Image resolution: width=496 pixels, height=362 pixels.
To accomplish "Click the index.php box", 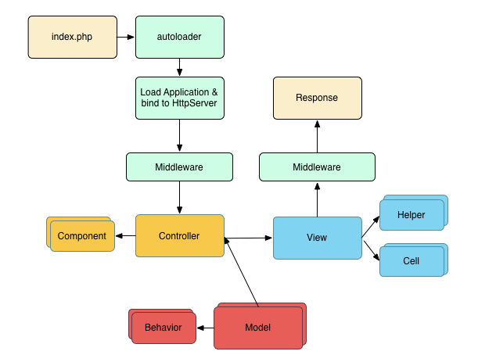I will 72,38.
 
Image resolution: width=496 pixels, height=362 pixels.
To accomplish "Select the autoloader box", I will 180,38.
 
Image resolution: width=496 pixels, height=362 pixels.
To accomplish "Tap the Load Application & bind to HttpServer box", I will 180,98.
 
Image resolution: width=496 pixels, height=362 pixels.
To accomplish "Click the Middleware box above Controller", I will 180,167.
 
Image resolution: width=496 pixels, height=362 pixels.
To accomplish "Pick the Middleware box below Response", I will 317,167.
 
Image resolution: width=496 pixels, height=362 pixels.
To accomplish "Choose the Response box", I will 317,98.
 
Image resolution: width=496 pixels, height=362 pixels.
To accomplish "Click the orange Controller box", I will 180,236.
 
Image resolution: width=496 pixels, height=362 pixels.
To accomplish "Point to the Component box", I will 82,236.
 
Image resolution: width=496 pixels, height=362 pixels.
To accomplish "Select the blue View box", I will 317,238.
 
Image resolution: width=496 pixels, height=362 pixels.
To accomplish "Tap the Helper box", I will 411,215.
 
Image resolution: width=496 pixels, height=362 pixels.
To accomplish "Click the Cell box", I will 411,261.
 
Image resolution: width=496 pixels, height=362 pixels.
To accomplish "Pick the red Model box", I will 258,328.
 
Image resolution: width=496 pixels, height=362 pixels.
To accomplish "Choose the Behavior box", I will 162,328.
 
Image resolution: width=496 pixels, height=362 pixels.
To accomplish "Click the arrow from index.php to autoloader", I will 126,38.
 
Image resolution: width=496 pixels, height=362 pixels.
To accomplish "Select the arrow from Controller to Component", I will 126,236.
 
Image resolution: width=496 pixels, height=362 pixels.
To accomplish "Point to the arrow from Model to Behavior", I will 204,328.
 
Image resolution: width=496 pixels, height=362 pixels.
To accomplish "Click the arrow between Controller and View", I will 249,238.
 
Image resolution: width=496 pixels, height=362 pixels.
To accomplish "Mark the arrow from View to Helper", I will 371,226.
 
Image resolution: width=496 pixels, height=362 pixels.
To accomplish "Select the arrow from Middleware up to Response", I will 317,136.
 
